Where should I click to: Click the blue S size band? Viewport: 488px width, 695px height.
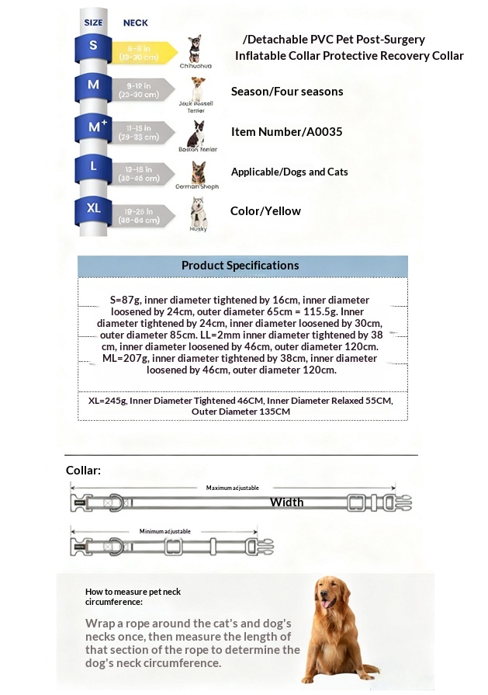coord(94,47)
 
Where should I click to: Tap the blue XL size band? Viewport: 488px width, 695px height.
coord(94,209)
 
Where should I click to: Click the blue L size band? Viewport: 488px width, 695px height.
coord(94,167)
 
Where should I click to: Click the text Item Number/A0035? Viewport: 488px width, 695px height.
coord(286,132)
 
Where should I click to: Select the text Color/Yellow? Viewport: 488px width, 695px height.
coord(265,211)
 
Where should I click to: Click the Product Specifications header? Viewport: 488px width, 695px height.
coord(240,266)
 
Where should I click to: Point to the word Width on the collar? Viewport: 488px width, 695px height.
coord(286,502)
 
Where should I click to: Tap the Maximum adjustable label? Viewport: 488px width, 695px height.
coord(232,488)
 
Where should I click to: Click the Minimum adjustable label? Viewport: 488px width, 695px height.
coord(165,531)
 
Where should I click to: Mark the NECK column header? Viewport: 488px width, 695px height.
coord(136,23)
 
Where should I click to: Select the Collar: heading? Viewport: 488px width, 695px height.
coord(83,471)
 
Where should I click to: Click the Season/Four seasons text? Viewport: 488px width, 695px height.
coord(287,92)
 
